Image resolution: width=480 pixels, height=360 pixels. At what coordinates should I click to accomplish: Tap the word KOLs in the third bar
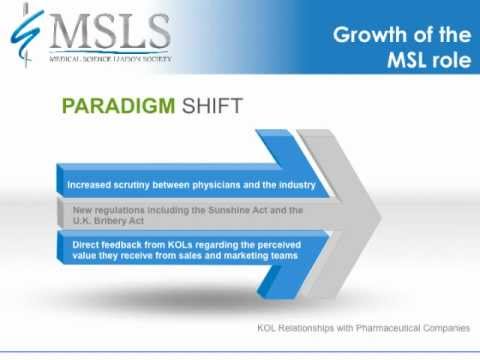(176, 244)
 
